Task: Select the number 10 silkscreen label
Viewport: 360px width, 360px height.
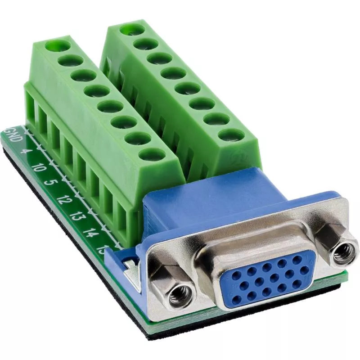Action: [x=38, y=168]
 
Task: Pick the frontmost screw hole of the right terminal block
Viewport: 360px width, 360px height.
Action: [x=232, y=135]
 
